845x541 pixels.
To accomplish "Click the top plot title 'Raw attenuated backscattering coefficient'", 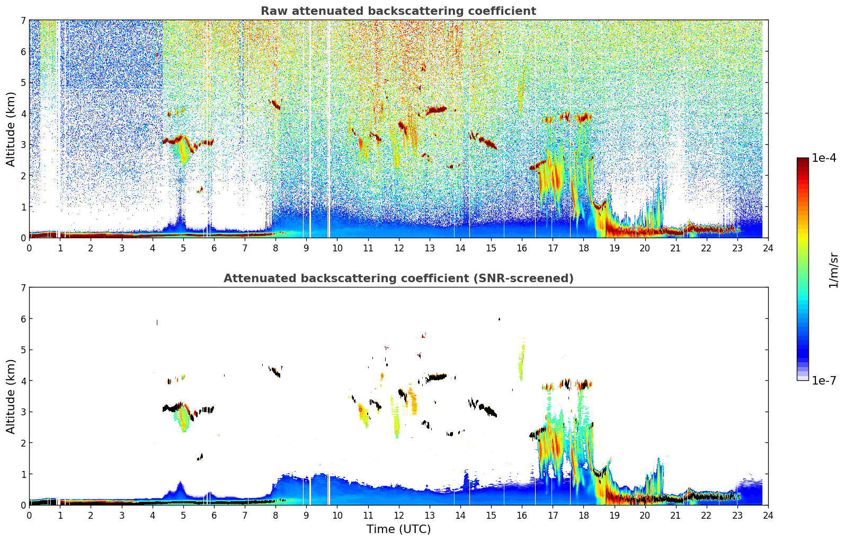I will [398, 11].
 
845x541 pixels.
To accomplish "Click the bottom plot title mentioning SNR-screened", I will [398, 278].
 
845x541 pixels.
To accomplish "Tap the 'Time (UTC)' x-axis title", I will [398, 529].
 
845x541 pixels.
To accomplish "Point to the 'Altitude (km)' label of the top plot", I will [11, 129].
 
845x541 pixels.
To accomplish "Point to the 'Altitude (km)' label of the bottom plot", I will [11, 396].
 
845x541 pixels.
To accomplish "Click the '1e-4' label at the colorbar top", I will [824, 158].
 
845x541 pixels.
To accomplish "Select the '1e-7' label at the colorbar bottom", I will [824, 380].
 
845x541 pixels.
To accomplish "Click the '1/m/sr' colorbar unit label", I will [833, 269].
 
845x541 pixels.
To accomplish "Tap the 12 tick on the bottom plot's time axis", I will [398, 515].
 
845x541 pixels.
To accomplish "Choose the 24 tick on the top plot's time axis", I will [768, 248].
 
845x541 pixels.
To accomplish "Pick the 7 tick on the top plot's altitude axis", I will [23, 21].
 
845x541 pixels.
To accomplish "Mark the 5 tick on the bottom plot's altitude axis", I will [23, 350].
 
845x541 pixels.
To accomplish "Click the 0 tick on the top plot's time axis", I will [29, 248].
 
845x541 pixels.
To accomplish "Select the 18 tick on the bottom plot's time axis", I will [583, 515].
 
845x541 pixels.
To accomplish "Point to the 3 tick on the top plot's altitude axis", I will [23, 145].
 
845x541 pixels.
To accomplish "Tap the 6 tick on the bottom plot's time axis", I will [214, 515].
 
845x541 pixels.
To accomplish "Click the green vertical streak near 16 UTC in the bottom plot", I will [521, 363].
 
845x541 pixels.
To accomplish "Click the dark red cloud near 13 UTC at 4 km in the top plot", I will [437, 110].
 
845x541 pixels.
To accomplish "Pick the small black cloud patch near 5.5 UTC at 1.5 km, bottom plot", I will [200, 457].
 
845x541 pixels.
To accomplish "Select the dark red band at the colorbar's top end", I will [802, 161].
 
